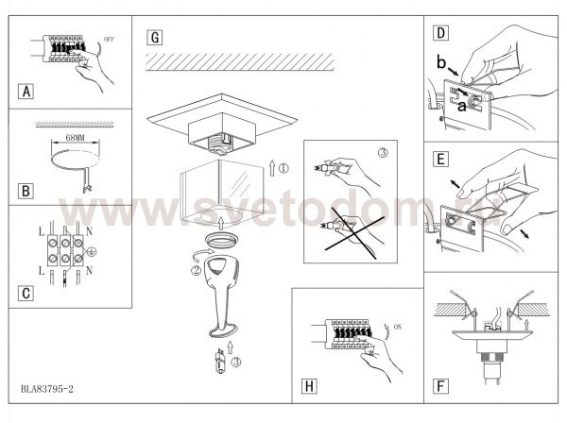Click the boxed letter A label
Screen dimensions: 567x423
(26, 92)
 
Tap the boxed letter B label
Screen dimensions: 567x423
(26, 191)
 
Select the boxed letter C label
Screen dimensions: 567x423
(26, 294)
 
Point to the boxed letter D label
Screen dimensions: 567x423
(440, 33)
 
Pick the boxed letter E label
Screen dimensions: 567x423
(440, 160)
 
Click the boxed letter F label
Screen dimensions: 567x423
(440, 386)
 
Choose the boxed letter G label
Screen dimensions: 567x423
(155, 38)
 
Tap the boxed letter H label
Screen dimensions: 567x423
(309, 386)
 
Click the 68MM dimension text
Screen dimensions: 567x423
(76, 138)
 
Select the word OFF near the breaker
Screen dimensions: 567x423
(109, 39)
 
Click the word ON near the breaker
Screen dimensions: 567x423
(398, 327)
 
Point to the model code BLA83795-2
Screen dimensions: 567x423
(47, 389)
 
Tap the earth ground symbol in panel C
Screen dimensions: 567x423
(92, 251)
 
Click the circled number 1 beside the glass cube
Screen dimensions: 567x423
(283, 168)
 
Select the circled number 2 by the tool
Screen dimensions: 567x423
(196, 270)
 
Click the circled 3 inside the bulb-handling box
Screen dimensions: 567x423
(383, 153)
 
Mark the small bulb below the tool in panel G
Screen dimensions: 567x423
(219, 362)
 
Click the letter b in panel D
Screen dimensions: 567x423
(441, 62)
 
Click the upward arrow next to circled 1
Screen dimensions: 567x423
(272, 167)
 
